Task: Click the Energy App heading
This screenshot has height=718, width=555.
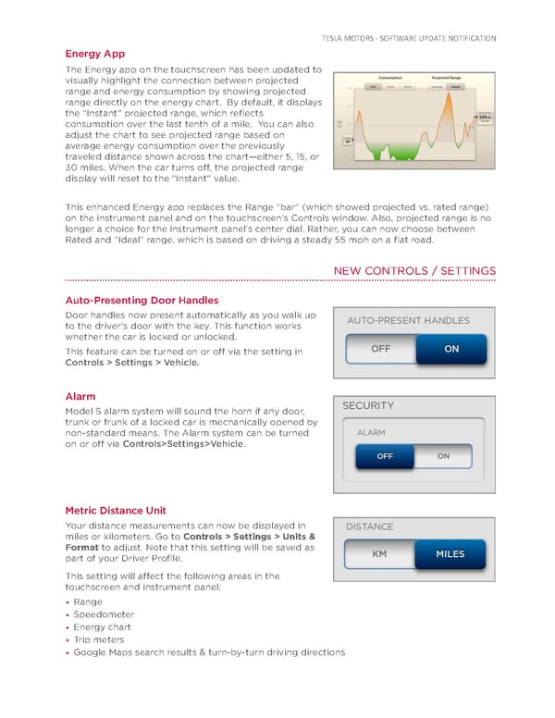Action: (x=95, y=54)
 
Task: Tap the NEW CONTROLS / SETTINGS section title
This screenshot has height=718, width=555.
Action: (x=413, y=270)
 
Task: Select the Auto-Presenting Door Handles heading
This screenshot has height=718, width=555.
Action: (x=142, y=300)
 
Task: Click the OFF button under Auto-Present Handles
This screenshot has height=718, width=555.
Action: (x=380, y=349)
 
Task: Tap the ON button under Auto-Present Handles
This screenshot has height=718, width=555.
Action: (x=450, y=349)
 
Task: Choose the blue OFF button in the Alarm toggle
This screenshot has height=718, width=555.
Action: (x=385, y=456)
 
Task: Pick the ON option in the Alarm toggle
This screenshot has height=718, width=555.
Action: (x=443, y=456)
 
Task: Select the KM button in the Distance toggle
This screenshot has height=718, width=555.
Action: (x=378, y=554)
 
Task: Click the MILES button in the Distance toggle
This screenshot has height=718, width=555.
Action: (x=450, y=554)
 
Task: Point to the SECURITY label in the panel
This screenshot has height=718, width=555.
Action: (x=368, y=405)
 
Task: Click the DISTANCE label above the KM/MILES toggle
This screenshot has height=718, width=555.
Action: (x=369, y=526)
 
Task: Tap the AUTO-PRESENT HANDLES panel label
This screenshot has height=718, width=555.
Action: (x=408, y=321)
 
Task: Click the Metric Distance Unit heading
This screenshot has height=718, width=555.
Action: (x=116, y=510)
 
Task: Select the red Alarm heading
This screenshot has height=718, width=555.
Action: (x=81, y=396)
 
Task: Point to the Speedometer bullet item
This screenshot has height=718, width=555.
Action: (x=104, y=614)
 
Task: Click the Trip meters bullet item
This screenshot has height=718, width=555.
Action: (x=99, y=639)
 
